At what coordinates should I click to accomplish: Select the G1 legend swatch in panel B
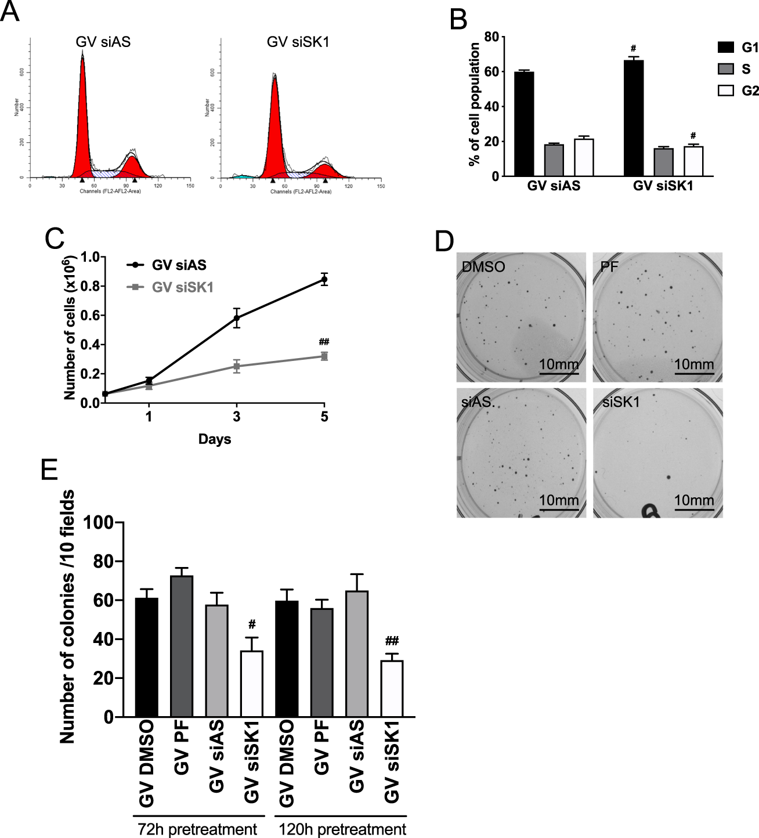click(726, 48)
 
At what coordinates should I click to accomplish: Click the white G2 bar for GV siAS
click(584, 157)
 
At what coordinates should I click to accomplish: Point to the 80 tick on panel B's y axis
click(491, 37)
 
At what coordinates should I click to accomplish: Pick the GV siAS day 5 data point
click(324, 280)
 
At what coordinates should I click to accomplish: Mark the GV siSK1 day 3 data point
click(237, 366)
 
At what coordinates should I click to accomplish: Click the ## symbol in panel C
click(324, 342)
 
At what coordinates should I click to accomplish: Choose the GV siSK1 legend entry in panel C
click(182, 287)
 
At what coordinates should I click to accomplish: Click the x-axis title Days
click(215, 439)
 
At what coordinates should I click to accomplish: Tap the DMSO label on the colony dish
click(483, 267)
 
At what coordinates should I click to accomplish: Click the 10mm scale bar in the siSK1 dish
click(694, 510)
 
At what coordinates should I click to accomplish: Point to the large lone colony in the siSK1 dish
click(669, 478)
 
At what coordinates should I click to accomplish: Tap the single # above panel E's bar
click(252, 624)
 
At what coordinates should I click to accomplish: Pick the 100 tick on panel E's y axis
click(98, 523)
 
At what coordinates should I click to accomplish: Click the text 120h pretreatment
click(342, 829)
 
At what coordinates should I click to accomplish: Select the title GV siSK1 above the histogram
click(298, 42)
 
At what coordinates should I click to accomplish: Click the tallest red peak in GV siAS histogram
click(82, 110)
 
